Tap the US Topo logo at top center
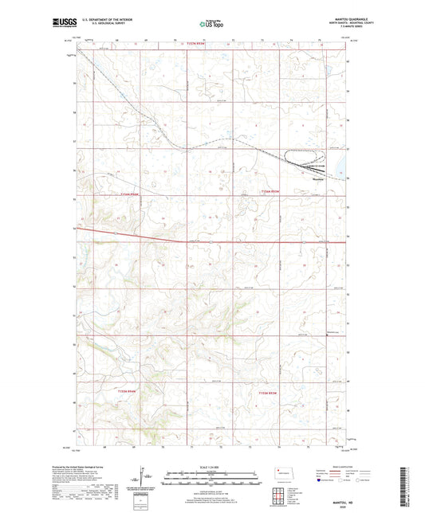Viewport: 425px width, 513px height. (211, 24)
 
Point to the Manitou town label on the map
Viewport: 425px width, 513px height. (317, 178)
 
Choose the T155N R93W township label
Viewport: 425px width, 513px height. (269, 392)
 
